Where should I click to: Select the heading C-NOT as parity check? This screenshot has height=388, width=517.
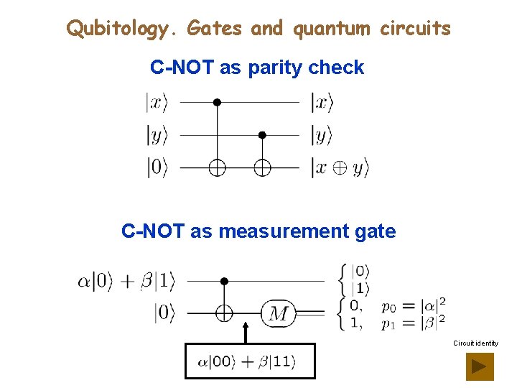tap(257, 68)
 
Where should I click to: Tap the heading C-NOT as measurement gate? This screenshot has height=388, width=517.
tap(258, 231)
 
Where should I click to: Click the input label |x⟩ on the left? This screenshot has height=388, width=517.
tap(157, 103)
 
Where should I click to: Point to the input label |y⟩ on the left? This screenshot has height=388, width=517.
tap(157, 134)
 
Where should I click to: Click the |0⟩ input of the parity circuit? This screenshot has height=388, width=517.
tap(157, 167)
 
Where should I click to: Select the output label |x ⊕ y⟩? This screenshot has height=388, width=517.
tap(339, 168)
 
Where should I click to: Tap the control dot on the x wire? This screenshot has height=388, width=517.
tap(217, 103)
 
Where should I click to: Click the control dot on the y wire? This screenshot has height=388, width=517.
tap(262, 134)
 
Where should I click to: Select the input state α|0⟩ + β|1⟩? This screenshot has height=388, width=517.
tap(126, 280)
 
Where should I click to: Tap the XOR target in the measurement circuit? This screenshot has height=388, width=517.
tap(224, 313)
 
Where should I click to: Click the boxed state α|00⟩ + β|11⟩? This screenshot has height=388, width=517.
tap(249, 361)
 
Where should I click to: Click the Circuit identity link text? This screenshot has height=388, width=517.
tap(475, 343)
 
